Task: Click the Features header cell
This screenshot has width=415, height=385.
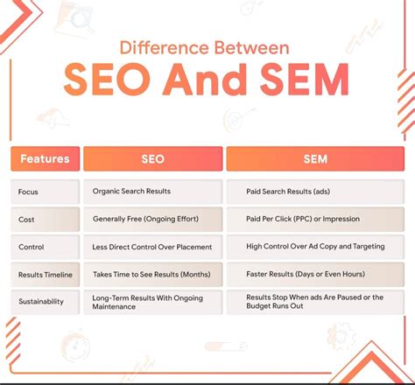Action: [x=45, y=159]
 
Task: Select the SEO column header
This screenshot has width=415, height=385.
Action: [x=152, y=159]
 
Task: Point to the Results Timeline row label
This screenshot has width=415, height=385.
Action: [x=45, y=275]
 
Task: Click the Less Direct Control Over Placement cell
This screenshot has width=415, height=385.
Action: [x=152, y=247]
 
